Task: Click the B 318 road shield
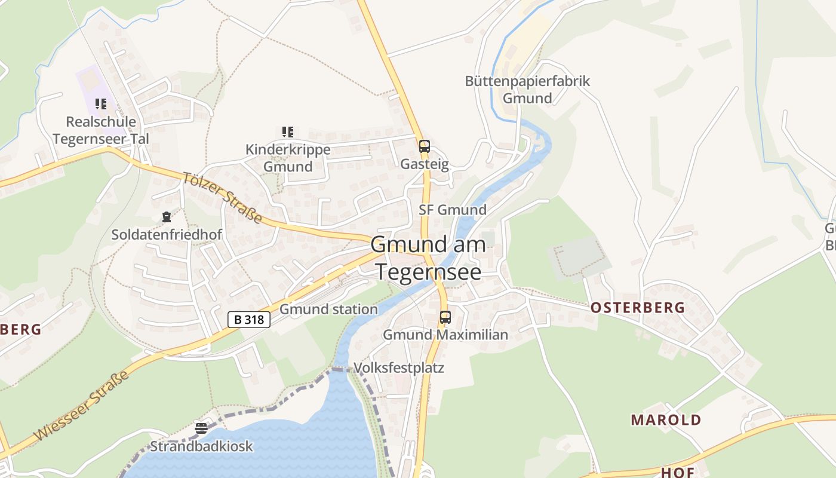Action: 249,320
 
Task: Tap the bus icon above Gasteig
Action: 424,146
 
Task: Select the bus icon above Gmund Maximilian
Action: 445,317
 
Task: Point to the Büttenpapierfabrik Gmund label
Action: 527,90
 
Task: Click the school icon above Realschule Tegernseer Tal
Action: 101,104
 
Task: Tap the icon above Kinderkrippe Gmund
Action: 287,132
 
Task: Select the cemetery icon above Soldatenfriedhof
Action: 167,217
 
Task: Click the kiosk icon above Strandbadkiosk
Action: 201,428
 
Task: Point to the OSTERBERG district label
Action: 638,308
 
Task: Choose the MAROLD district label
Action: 666,419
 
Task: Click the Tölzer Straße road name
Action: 222,198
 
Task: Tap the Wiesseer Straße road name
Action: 82,406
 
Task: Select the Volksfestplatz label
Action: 399,367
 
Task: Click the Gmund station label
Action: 328,309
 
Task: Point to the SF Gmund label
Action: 452,210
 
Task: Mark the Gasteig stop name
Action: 424,164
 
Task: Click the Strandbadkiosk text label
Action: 201,446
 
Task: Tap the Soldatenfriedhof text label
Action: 167,235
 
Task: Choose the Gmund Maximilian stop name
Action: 445,335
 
